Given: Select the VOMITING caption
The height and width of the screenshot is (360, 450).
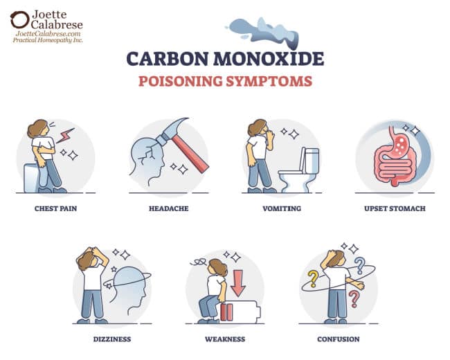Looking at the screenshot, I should click(282, 208).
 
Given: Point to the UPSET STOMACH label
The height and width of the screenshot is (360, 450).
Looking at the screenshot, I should click(395, 208).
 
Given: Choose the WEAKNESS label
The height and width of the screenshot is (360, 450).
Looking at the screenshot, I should click(225, 339).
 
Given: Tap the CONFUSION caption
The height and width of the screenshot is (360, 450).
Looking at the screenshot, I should click(339, 339).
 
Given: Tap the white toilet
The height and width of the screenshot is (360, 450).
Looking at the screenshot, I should click(300, 173).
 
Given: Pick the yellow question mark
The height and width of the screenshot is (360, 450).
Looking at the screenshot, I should click(314, 278).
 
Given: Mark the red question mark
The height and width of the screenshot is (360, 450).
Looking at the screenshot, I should click(354, 298).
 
